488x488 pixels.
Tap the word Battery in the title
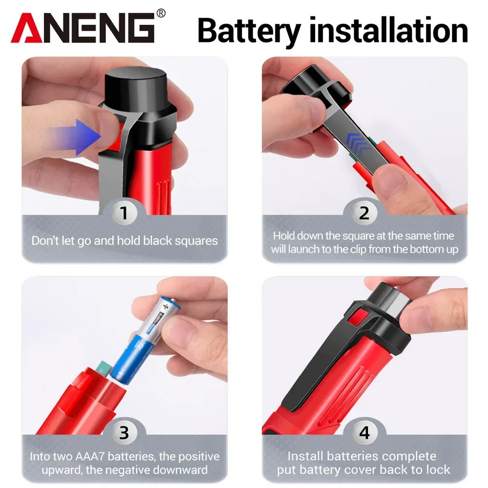[x=249, y=30]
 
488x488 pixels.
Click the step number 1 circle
[x=124, y=213]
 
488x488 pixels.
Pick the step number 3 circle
[x=124, y=433]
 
